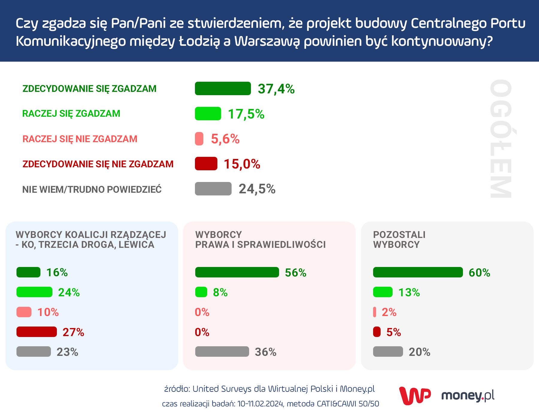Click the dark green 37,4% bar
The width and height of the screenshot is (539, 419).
pyautogui.click(x=223, y=89)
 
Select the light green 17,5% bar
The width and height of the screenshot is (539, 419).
pyautogui.click(x=208, y=114)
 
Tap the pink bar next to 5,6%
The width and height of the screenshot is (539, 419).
pyautogui.click(x=199, y=139)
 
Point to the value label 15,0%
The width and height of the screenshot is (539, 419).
pyautogui.click(x=242, y=164)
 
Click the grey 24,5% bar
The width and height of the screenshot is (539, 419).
pyautogui.click(x=213, y=189)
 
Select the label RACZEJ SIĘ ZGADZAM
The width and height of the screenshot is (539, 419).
pyautogui.click(x=71, y=114)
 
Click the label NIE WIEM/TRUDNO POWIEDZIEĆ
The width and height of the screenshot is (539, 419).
pyautogui.click(x=92, y=189)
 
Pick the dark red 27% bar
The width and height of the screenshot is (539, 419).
pyautogui.click(x=37, y=332)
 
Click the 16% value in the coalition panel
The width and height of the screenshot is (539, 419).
pyautogui.click(x=57, y=273)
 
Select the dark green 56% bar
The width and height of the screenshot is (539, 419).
pyautogui.click(x=237, y=272)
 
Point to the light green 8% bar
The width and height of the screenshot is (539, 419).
pyautogui.click(x=201, y=292)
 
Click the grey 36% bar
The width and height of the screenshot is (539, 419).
pyautogui.click(x=222, y=352)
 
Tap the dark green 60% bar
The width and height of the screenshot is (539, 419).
pyautogui.click(x=418, y=272)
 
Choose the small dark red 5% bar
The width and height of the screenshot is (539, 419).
pyautogui.click(x=377, y=332)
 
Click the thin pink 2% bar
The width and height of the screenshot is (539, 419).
pyautogui.click(x=375, y=312)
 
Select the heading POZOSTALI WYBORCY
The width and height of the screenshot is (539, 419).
pyautogui.click(x=399, y=239)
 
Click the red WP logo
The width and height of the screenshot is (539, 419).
pyautogui.click(x=415, y=396)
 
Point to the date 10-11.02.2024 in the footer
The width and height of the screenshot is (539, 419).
pyautogui.click(x=260, y=404)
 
